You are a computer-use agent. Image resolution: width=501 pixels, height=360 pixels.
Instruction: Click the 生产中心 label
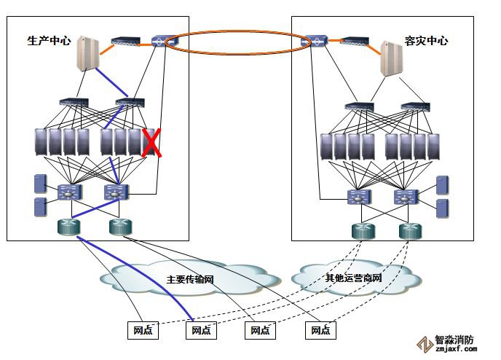point(49,42)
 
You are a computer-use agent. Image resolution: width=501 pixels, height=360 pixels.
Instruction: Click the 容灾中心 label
point(426,42)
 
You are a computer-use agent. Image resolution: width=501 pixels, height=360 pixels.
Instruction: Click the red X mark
point(151,143)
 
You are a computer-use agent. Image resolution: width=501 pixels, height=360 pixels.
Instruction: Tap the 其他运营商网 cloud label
point(353,278)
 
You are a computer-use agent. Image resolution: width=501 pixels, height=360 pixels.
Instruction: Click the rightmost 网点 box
point(320,330)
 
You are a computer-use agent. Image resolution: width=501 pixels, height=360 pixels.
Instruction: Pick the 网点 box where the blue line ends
point(200,330)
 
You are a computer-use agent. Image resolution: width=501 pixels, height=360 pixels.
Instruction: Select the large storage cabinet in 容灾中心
point(393,58)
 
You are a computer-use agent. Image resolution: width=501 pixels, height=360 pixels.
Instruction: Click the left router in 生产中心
point(70,227)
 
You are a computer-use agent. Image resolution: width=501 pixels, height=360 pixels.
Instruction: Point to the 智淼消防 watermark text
point(454,340)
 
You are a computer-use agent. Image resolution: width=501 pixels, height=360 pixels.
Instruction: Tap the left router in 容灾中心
point(363,231)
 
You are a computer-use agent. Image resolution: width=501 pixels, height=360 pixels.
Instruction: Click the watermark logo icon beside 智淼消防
point(424,344)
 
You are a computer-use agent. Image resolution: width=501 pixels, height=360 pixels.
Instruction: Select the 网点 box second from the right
point(260,330)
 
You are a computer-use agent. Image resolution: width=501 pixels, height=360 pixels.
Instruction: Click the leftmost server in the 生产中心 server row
point(42,142)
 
